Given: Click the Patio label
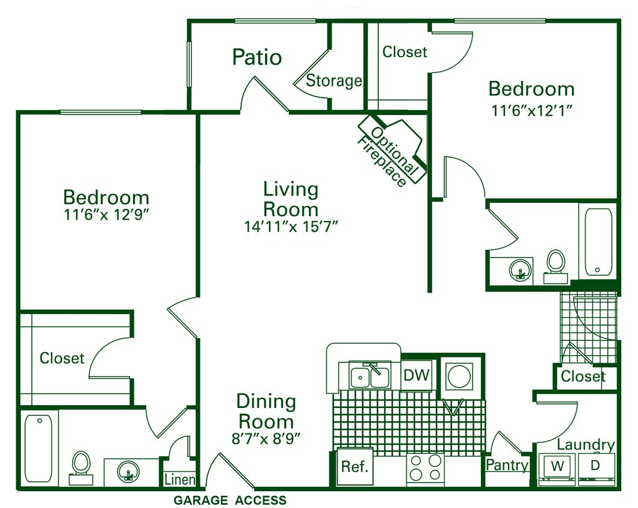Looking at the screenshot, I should [257, 57].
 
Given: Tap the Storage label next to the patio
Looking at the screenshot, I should [334, 81].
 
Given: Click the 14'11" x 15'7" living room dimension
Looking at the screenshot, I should [290, 227].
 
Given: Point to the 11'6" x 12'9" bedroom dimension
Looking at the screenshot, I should [106, 215].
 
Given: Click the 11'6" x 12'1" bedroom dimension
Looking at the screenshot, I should [530, 110].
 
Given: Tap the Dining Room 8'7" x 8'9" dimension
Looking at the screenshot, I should [265, 439].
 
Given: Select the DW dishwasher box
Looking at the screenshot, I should [417, 376].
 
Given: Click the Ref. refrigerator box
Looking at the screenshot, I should [355, 467].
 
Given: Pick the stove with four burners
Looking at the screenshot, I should [426, 468].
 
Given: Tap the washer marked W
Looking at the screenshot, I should [557, 466].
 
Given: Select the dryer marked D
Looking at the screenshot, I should [595, 466].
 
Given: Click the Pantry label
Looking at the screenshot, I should [507, 465].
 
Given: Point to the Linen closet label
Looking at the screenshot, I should [180, 480].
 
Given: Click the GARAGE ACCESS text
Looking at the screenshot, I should [230, 500].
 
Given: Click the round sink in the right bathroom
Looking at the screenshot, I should [521, 269].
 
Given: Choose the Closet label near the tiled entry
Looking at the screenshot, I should [583, 377].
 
